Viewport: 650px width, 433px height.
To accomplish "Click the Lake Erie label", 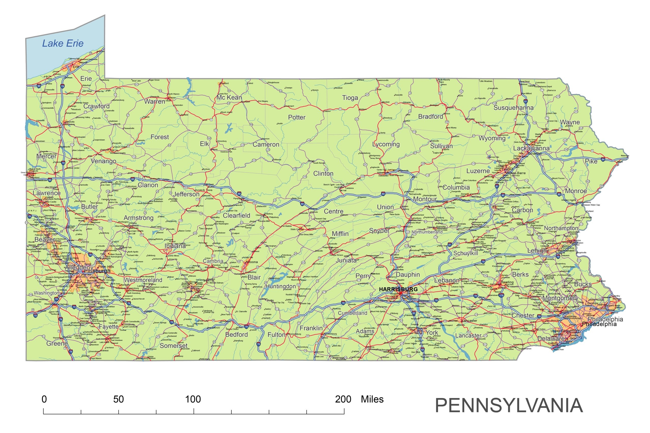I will pyautogui.click(x=63, y=43).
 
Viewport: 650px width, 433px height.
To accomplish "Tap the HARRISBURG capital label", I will pyautogui.click(x=398, y=289).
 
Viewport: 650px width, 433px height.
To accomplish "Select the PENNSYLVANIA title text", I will pyautogui.click(x=509, y=405).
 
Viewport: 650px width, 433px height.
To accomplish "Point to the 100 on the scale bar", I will pyautogui.click(x=193, y=399).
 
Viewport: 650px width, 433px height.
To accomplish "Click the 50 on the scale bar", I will pyautogui.click(x=119, y=399).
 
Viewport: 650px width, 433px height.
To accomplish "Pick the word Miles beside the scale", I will pyautogui.click(x=372, y=399).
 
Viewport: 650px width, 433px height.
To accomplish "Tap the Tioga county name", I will pyautogui.click(x=350, y=98).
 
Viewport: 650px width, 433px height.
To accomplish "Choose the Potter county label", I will pyautogui.click(x=297, y=117).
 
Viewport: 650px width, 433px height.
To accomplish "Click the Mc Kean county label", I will pyautogui.click(x=229, y=97).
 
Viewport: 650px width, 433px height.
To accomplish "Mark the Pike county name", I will pyautogui.click(x=591, y=161).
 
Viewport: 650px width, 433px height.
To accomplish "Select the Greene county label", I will pyautogui.click(x=57, y=343).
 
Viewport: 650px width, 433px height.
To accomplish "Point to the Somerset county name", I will pyautogui.click(x=173, y=346).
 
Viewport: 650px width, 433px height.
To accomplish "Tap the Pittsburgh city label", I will pyautogui.click(x=97, y=271).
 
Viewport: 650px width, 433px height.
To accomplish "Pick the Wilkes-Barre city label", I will pyautogui.click(x=516, y=173).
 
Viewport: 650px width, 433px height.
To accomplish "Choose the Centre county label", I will pyautogui.click(x=333, y=211).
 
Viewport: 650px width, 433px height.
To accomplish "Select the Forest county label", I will pyautogui.click(x=160, y=137).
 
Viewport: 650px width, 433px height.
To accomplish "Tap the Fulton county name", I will pyautogui.click(x=276, y=335).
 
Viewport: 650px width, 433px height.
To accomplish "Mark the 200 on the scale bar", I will pyautogui.click(x=343, y=399).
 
